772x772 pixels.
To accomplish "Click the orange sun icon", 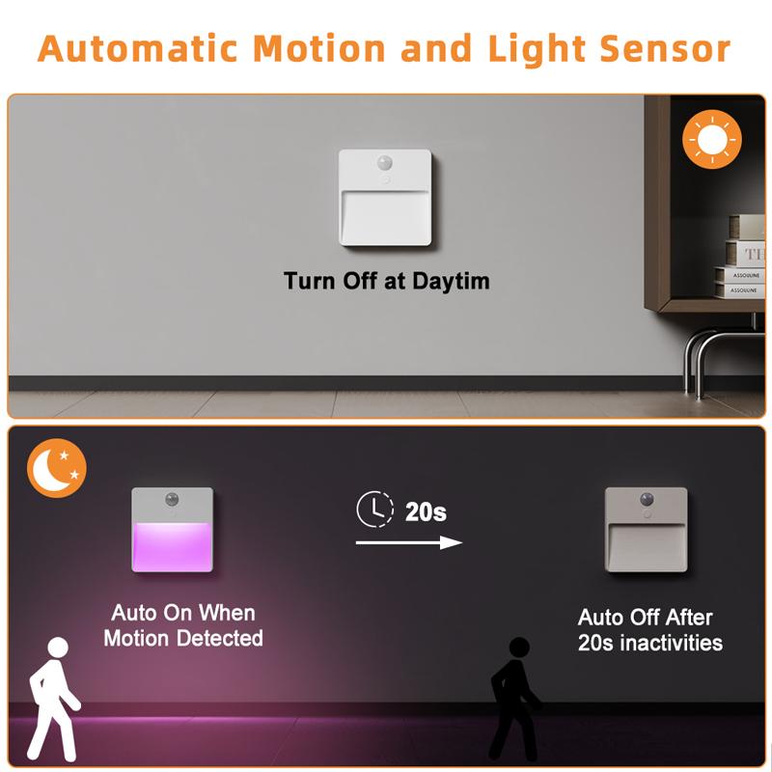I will click(711, 141).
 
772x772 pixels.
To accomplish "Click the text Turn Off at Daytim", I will click(386, 281).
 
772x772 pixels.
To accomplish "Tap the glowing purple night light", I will click(172, 530).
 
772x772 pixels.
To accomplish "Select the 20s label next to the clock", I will click(426, 511).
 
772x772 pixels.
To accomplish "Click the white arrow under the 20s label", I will click(409, 543).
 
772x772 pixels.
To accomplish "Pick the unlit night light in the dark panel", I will click(645, 530).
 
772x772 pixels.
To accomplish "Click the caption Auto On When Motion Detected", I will click(182, 625).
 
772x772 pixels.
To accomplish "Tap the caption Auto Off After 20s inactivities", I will click(649, 630).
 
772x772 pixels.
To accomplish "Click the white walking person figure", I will click(50, 695).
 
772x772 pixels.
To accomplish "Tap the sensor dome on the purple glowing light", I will click(173, 500).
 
